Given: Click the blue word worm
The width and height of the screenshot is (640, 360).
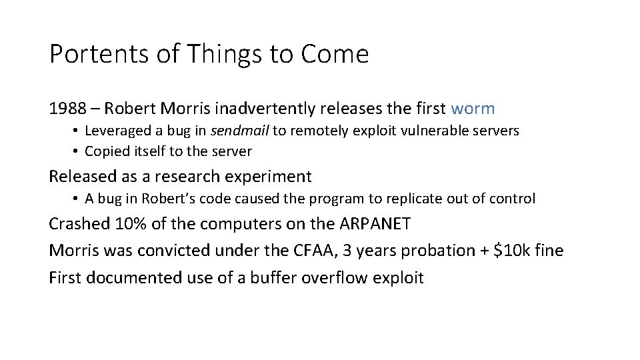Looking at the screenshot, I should point(473,107).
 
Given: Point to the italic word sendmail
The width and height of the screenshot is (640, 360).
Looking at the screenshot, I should point(240,131).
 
